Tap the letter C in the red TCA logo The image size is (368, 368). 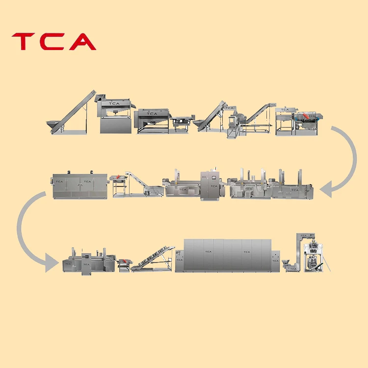53,42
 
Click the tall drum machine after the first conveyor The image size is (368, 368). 115,115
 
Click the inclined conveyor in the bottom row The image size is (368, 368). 152,258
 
